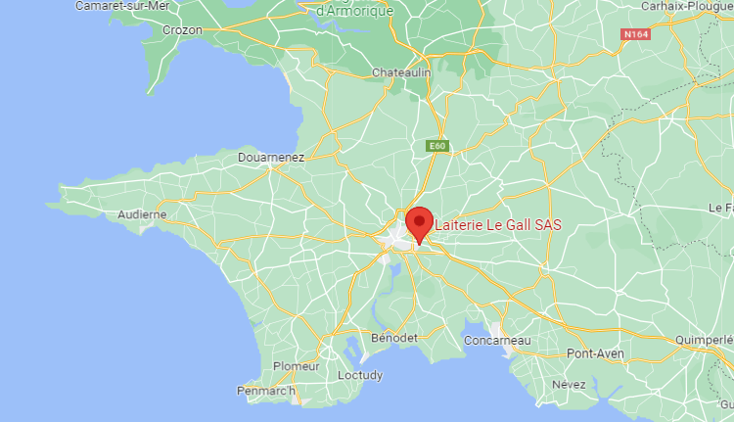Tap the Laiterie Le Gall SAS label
[x=498, y=225]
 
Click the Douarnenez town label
[x=271, y=157]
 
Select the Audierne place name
[x=142, y=214]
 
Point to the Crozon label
[x=182, y=30]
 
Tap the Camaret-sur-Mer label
[x=122, y=6]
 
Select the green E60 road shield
[x=438, y=146]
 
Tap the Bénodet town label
[x=395, y=338]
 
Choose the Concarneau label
[x=499, y=340]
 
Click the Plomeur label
[x=296, y=366]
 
